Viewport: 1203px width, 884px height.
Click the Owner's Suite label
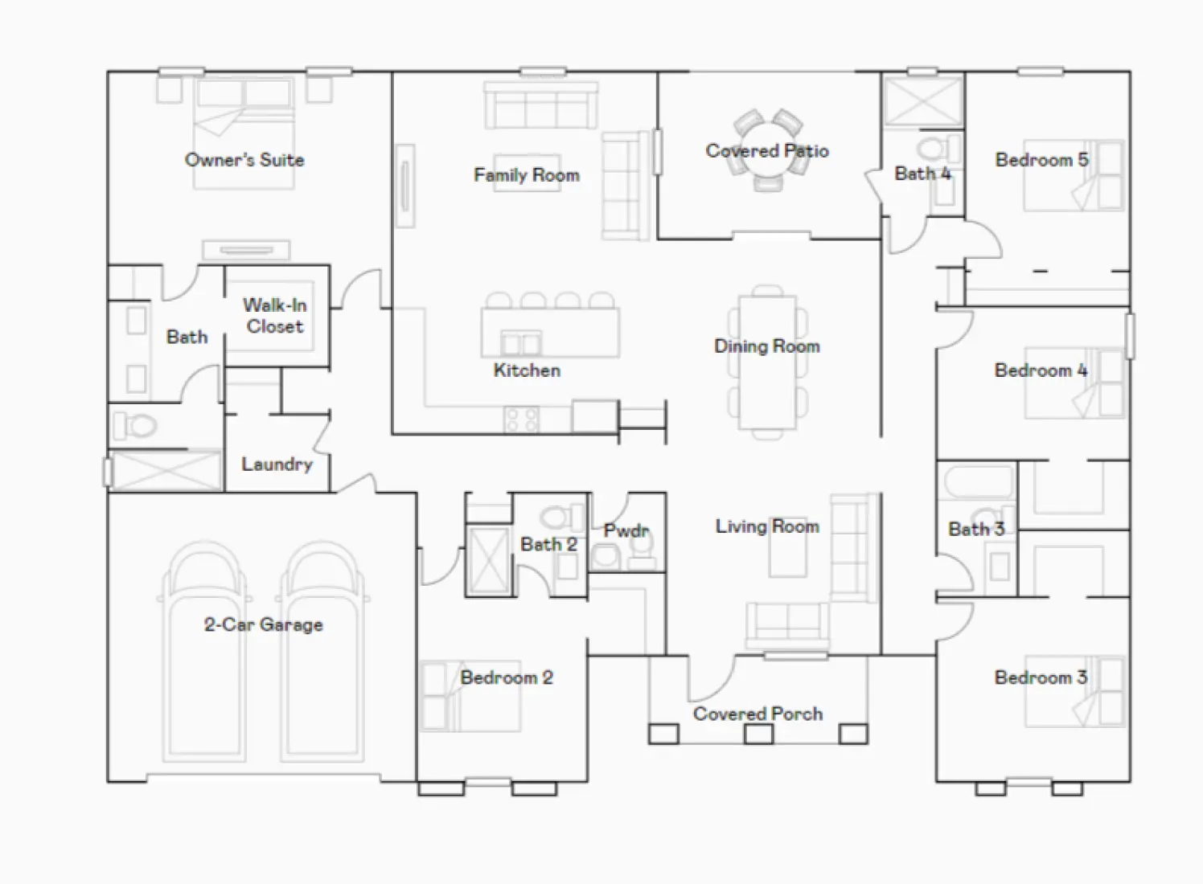(x=244, y=160)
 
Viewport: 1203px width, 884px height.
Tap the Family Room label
(x=526, y=175)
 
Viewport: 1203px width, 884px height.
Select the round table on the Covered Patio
(x=767, y=150)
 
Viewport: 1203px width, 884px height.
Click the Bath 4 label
(x=922, y=174)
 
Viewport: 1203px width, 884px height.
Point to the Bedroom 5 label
(x=1041, y=160)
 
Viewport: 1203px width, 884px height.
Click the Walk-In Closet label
(x=274, y=316)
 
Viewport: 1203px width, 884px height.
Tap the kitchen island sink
(x=521, y=344)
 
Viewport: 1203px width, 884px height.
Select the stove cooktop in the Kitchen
(x=522, y=419)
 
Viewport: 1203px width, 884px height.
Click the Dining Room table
(x=767, y=362)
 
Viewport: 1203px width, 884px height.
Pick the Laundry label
(x=277, y=465)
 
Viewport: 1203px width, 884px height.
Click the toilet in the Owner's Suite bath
(x=135, y=425)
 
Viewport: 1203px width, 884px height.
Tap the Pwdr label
(x=626, y=531)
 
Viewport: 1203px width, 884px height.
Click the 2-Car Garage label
(x=263, y=624)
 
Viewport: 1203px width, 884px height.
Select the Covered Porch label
(x=758, y=714)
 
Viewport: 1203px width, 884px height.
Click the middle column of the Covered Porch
(x=758, y=734)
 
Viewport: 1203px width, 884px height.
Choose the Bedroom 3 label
(x=1041, y=677)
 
